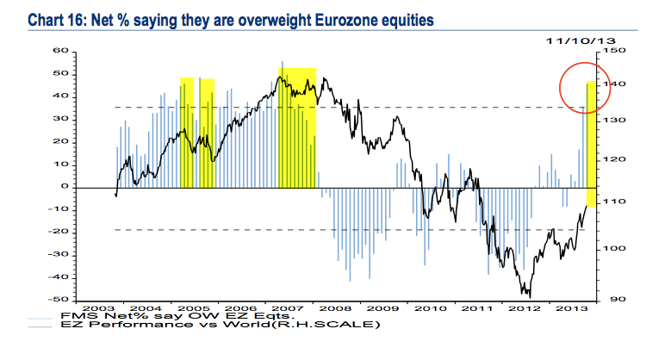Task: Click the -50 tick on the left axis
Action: pyautogui.click(x=58, y=299)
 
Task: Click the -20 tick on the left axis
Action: pyautogui.click(x=58, y=231)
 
